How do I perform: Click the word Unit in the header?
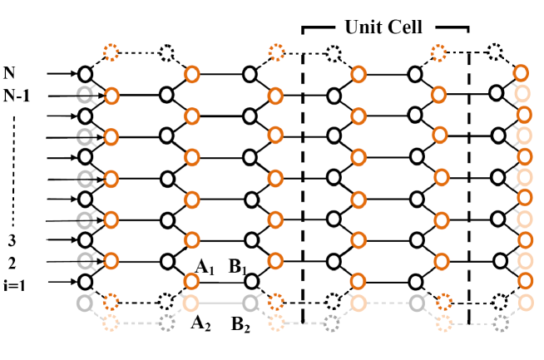(x=363, y=27)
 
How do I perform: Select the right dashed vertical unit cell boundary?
(x=468, y=183)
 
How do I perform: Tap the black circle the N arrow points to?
(x=84, y=74)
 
